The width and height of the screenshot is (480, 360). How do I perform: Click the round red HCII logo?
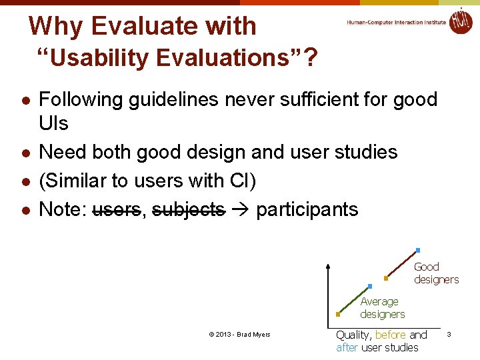coord(460,21)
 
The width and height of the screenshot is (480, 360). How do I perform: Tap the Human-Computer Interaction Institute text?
coord(396,22)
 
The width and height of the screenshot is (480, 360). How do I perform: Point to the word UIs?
coord(54,124)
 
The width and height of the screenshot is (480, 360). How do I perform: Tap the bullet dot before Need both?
coord(25,153)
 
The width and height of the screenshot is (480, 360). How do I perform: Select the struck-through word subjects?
coord(188,209)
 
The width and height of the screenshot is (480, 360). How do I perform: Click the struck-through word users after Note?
coord(116,209)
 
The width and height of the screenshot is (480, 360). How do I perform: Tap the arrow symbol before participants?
coord(240,209)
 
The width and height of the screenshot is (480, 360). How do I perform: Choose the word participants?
coord(307,209)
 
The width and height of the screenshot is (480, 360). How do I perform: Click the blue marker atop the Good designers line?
coord(418,250)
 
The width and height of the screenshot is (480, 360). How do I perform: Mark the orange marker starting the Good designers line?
coord(385,279)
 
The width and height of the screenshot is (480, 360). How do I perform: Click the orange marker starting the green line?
coord(338,314)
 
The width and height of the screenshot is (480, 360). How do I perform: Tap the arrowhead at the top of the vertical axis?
coord(327,267)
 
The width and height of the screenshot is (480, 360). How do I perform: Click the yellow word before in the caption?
coord(391,335)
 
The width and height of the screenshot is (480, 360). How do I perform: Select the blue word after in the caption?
coord(347,347)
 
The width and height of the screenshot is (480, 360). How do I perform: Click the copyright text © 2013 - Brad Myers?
coord(239,335)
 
